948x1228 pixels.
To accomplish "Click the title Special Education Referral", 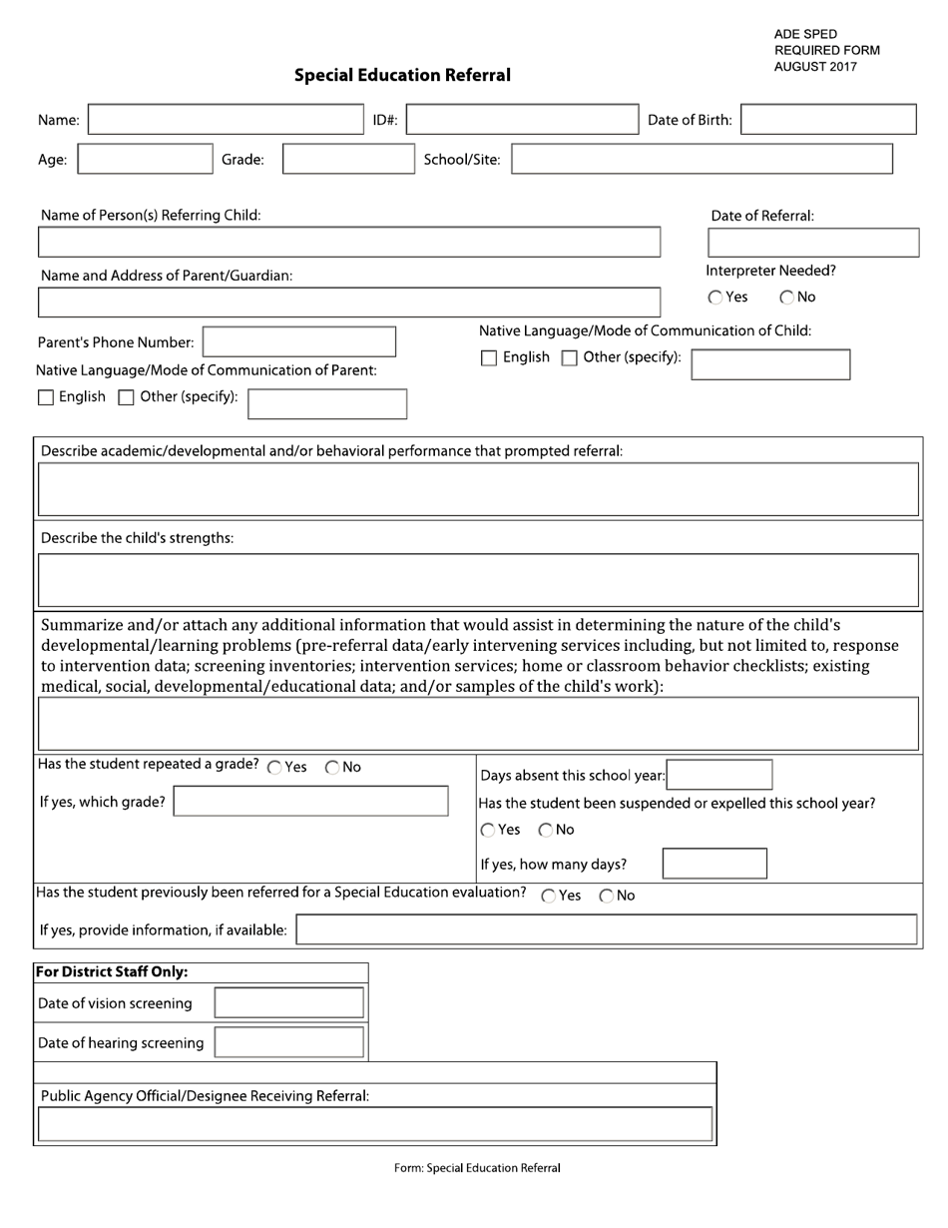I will pyautogui.click(x=402, y=75).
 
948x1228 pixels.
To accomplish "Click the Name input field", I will pyautogui.click(x=228, y=120).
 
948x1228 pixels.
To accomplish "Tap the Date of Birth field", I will pyautogui.click(x=828, y=120).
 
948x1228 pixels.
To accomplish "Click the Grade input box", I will pyautogui.click(x=347, y=159).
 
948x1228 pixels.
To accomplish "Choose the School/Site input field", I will pyautogui.click(x=702, y=159).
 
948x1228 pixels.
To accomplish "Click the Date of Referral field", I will pyautogui.click(x=812, y=243).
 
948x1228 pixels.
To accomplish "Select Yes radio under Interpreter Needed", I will pyautogui.click(x=716, y=298).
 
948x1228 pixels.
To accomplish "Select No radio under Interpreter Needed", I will pyautogui.click(x=787, y=298).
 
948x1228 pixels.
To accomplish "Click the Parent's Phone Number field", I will pyautogui.click(x=298, y=341).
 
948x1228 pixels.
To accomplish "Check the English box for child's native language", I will pyautogui.click(x=489, y=358).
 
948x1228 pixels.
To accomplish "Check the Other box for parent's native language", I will pyautogui.click(x=126, y=398).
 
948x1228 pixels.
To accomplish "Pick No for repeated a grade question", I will pyautogui.click(x=333, y=768).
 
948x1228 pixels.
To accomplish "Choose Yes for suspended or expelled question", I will pyautogui.click(x=487, y=831).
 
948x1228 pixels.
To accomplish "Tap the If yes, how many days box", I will pyautogui.click(x=714, y=864).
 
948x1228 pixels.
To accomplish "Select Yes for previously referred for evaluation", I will pyautogui.click(x=549, y=897).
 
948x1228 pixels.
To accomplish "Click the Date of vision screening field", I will pyautogui.click(x=289, y=1002).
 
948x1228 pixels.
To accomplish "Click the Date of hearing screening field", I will pyautogui.click(x=289, y=1042).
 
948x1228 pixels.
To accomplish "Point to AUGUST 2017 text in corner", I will pyautogui.click(x=814, y=67).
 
